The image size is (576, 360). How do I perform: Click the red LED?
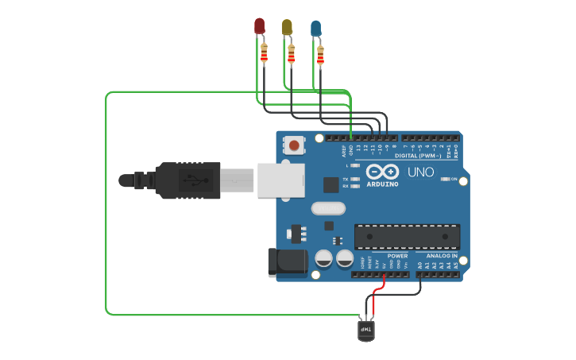(x=259, y=25)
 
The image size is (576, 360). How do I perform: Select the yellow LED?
(x=287, y=27)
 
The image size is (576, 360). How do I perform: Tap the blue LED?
(x=316, y=29)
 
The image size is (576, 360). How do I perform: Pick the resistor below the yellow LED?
(x=292, y=54)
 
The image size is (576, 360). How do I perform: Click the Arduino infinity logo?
(x=382, y=172)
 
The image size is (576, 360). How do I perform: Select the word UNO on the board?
(x=420, y=172)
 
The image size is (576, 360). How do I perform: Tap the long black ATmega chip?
(x=407, y=235)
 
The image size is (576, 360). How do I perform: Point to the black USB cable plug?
(x=187, y=179)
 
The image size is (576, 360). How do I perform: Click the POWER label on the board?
(x=397, y=256)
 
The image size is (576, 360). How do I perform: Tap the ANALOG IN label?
(x=443, y=256)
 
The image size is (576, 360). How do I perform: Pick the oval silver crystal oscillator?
(x=329, y=209)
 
